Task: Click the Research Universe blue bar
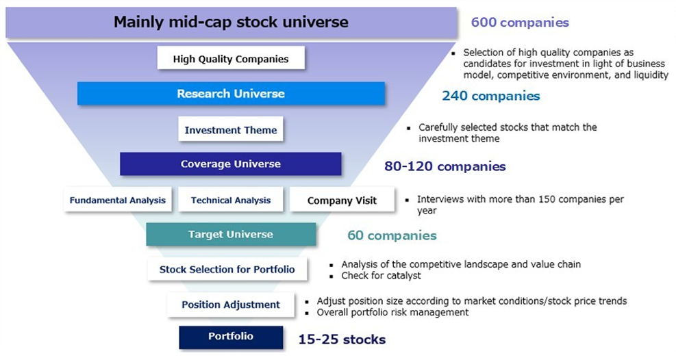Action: point(231,94)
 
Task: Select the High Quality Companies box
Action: point(231,58)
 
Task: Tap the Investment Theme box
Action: point(231,129)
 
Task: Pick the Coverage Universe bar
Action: point(231,164)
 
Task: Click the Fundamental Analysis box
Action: point(118,199)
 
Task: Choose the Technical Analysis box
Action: point(231,199)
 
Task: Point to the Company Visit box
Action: point(342,199)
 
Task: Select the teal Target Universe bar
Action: point(231,234)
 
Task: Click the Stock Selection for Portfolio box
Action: point(227,269)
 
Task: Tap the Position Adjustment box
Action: point(231,305)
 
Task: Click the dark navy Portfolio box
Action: point(231,337)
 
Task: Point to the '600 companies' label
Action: point(520,23)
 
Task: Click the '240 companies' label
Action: point(491,96)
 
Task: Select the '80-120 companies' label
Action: point(445,166)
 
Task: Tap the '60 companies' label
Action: point(392,235)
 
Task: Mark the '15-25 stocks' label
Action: point(342,339)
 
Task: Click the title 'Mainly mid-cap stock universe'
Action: point(231,22)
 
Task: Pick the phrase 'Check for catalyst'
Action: point(381,276)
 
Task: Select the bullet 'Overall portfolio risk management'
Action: point(392,312)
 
